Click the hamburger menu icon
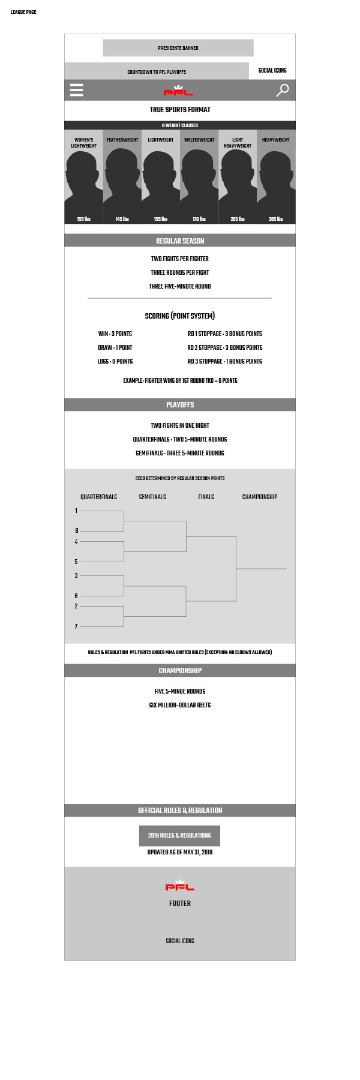pos(76,90)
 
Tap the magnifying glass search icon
pos(282,90)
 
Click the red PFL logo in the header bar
pos(178,91)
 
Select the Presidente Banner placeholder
pos(178,48)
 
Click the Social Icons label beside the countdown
pos(272,71)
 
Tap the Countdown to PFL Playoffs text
pos(157,72)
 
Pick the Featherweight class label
pos(122,140)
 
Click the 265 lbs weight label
pos(276,219)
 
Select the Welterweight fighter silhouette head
pos(199,165)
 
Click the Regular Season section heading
pos(180,241)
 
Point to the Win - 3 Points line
pos(115,334)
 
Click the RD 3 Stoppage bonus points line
pos(225,361)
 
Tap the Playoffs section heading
pos(180,405)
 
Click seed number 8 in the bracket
pos(76,530)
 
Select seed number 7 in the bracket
pos(76,626)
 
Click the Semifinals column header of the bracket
pos(152,497)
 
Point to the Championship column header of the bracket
pos(260,497)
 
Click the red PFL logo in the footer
pos(180,886)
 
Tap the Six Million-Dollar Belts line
pos(180,705)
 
